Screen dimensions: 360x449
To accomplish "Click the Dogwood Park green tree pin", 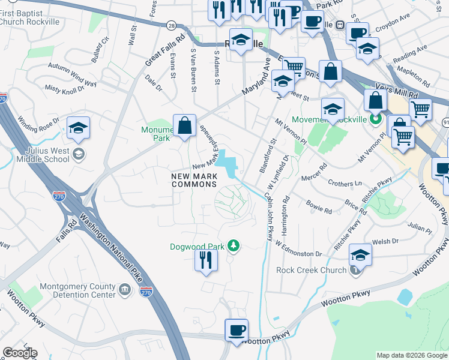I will tap(234, 246).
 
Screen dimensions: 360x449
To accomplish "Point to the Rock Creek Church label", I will tap(311, 270).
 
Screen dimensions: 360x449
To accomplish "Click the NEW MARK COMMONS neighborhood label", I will tap(194, 180).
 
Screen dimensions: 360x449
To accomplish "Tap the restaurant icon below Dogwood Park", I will tap(205, 260).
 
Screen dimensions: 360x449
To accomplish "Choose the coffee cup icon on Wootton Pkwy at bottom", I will tap(237, 330).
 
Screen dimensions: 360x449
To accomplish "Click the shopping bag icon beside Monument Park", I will tap(185, 126).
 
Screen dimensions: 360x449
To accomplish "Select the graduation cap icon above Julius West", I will tap(78, 128).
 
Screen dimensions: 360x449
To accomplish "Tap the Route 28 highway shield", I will tap(171, 25).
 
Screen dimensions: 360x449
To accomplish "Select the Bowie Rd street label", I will tap(319, 209).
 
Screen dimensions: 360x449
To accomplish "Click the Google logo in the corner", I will tap(20, 352).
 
